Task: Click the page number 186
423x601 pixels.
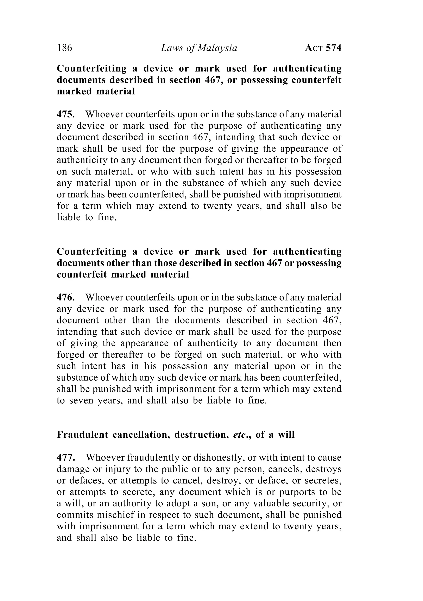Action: [x=64, y=48]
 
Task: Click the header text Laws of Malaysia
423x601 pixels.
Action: [x=199, y=48]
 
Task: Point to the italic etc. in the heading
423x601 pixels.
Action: [x=240, y=435]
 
